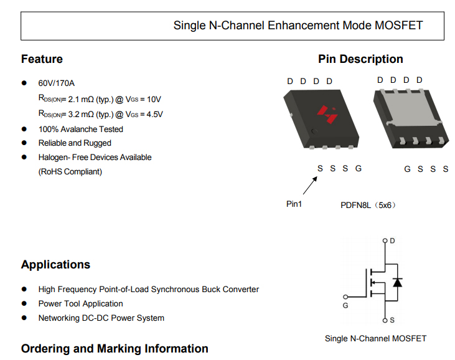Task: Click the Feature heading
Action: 42,59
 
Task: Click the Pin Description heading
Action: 360,59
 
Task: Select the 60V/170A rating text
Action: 57,83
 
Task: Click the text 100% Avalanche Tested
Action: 81,130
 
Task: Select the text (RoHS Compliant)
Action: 70,171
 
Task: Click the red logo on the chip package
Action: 326,113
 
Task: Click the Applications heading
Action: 55,265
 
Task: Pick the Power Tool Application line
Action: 81,304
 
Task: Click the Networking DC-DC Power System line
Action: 101,318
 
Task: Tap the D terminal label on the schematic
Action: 393,241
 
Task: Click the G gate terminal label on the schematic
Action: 345,306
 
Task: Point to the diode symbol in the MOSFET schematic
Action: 397,282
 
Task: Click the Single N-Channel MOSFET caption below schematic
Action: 375,338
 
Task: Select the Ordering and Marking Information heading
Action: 115,349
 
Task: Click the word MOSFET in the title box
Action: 399,26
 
